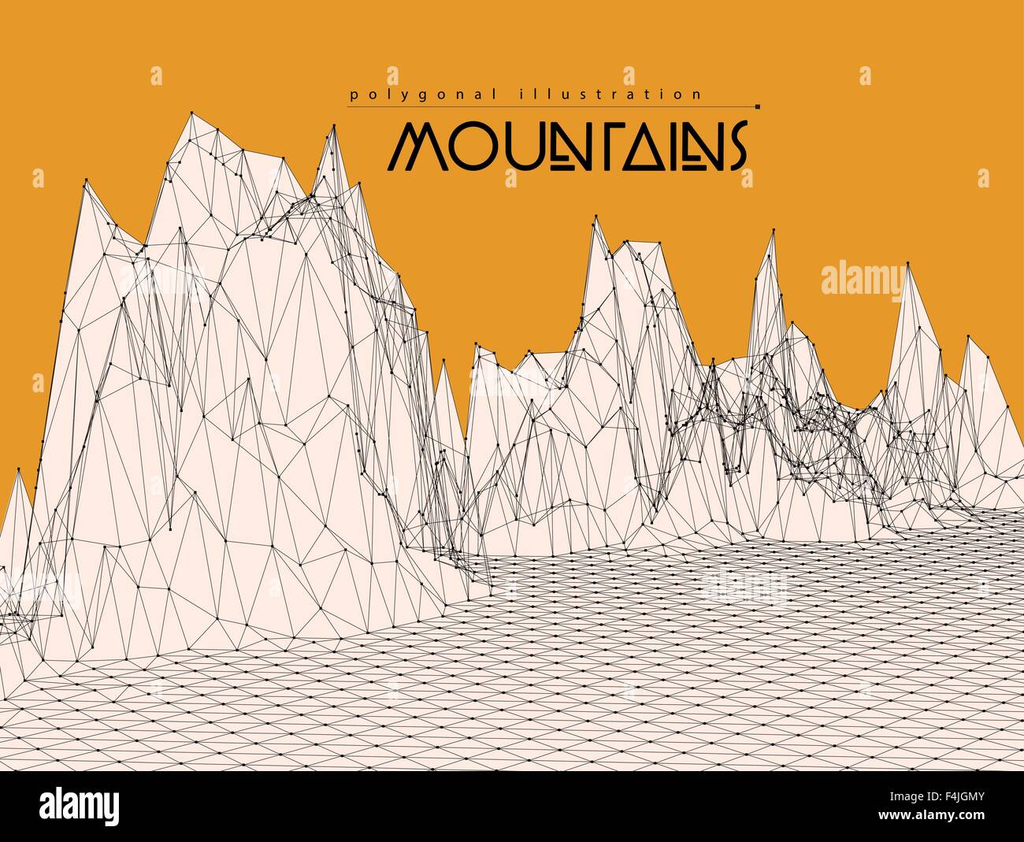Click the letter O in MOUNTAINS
469,147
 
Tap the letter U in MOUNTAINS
513,147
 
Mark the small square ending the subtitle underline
757,106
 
